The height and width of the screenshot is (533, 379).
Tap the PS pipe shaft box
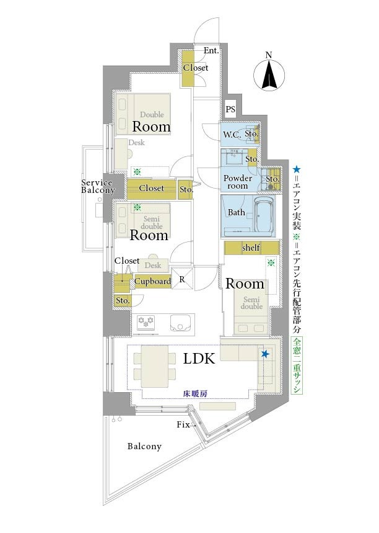(230, 109)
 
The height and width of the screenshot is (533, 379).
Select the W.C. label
(232, 135)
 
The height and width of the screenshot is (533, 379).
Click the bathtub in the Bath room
(264, 216)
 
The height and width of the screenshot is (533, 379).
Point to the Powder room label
(238, 182)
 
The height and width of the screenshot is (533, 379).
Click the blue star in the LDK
(265, 354)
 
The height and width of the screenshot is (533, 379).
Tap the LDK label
(199, 359)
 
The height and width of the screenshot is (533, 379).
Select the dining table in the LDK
(155, 367)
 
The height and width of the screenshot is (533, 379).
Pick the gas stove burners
(146, 322)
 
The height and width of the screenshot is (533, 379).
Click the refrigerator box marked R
(182, 279)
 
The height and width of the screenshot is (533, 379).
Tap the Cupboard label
(153, 282)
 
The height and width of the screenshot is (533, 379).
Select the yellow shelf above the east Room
(251, 248)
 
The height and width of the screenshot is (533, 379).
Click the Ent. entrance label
(211, 51)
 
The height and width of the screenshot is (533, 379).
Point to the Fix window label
(183, 424)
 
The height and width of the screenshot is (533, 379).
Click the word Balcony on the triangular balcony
(144, 447)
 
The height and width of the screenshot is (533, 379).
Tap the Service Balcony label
(98, 187)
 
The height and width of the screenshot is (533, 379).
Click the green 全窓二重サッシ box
(297, 365)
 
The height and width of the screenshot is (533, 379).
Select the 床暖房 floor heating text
(195, 394)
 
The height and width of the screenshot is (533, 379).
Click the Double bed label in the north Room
(152, 115)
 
